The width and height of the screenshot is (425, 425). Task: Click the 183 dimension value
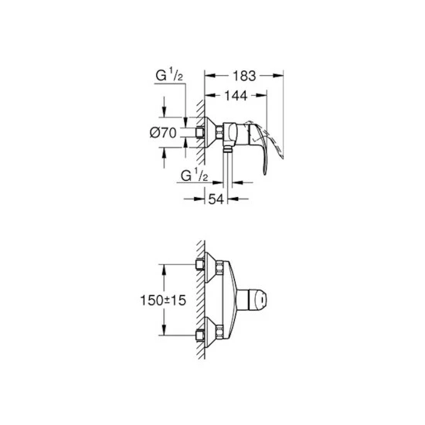click(244, 76)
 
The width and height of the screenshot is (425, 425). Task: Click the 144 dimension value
click(236, 95)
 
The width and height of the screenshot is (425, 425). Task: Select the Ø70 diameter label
click(163, 133)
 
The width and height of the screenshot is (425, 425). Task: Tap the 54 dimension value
click(216, 199)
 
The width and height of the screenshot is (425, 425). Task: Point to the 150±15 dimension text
click(163, 300)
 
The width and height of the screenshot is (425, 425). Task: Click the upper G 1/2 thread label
click(169, 75)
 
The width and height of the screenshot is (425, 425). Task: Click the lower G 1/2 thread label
click(194, 175)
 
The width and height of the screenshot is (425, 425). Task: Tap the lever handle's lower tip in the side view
click(265, 173)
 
